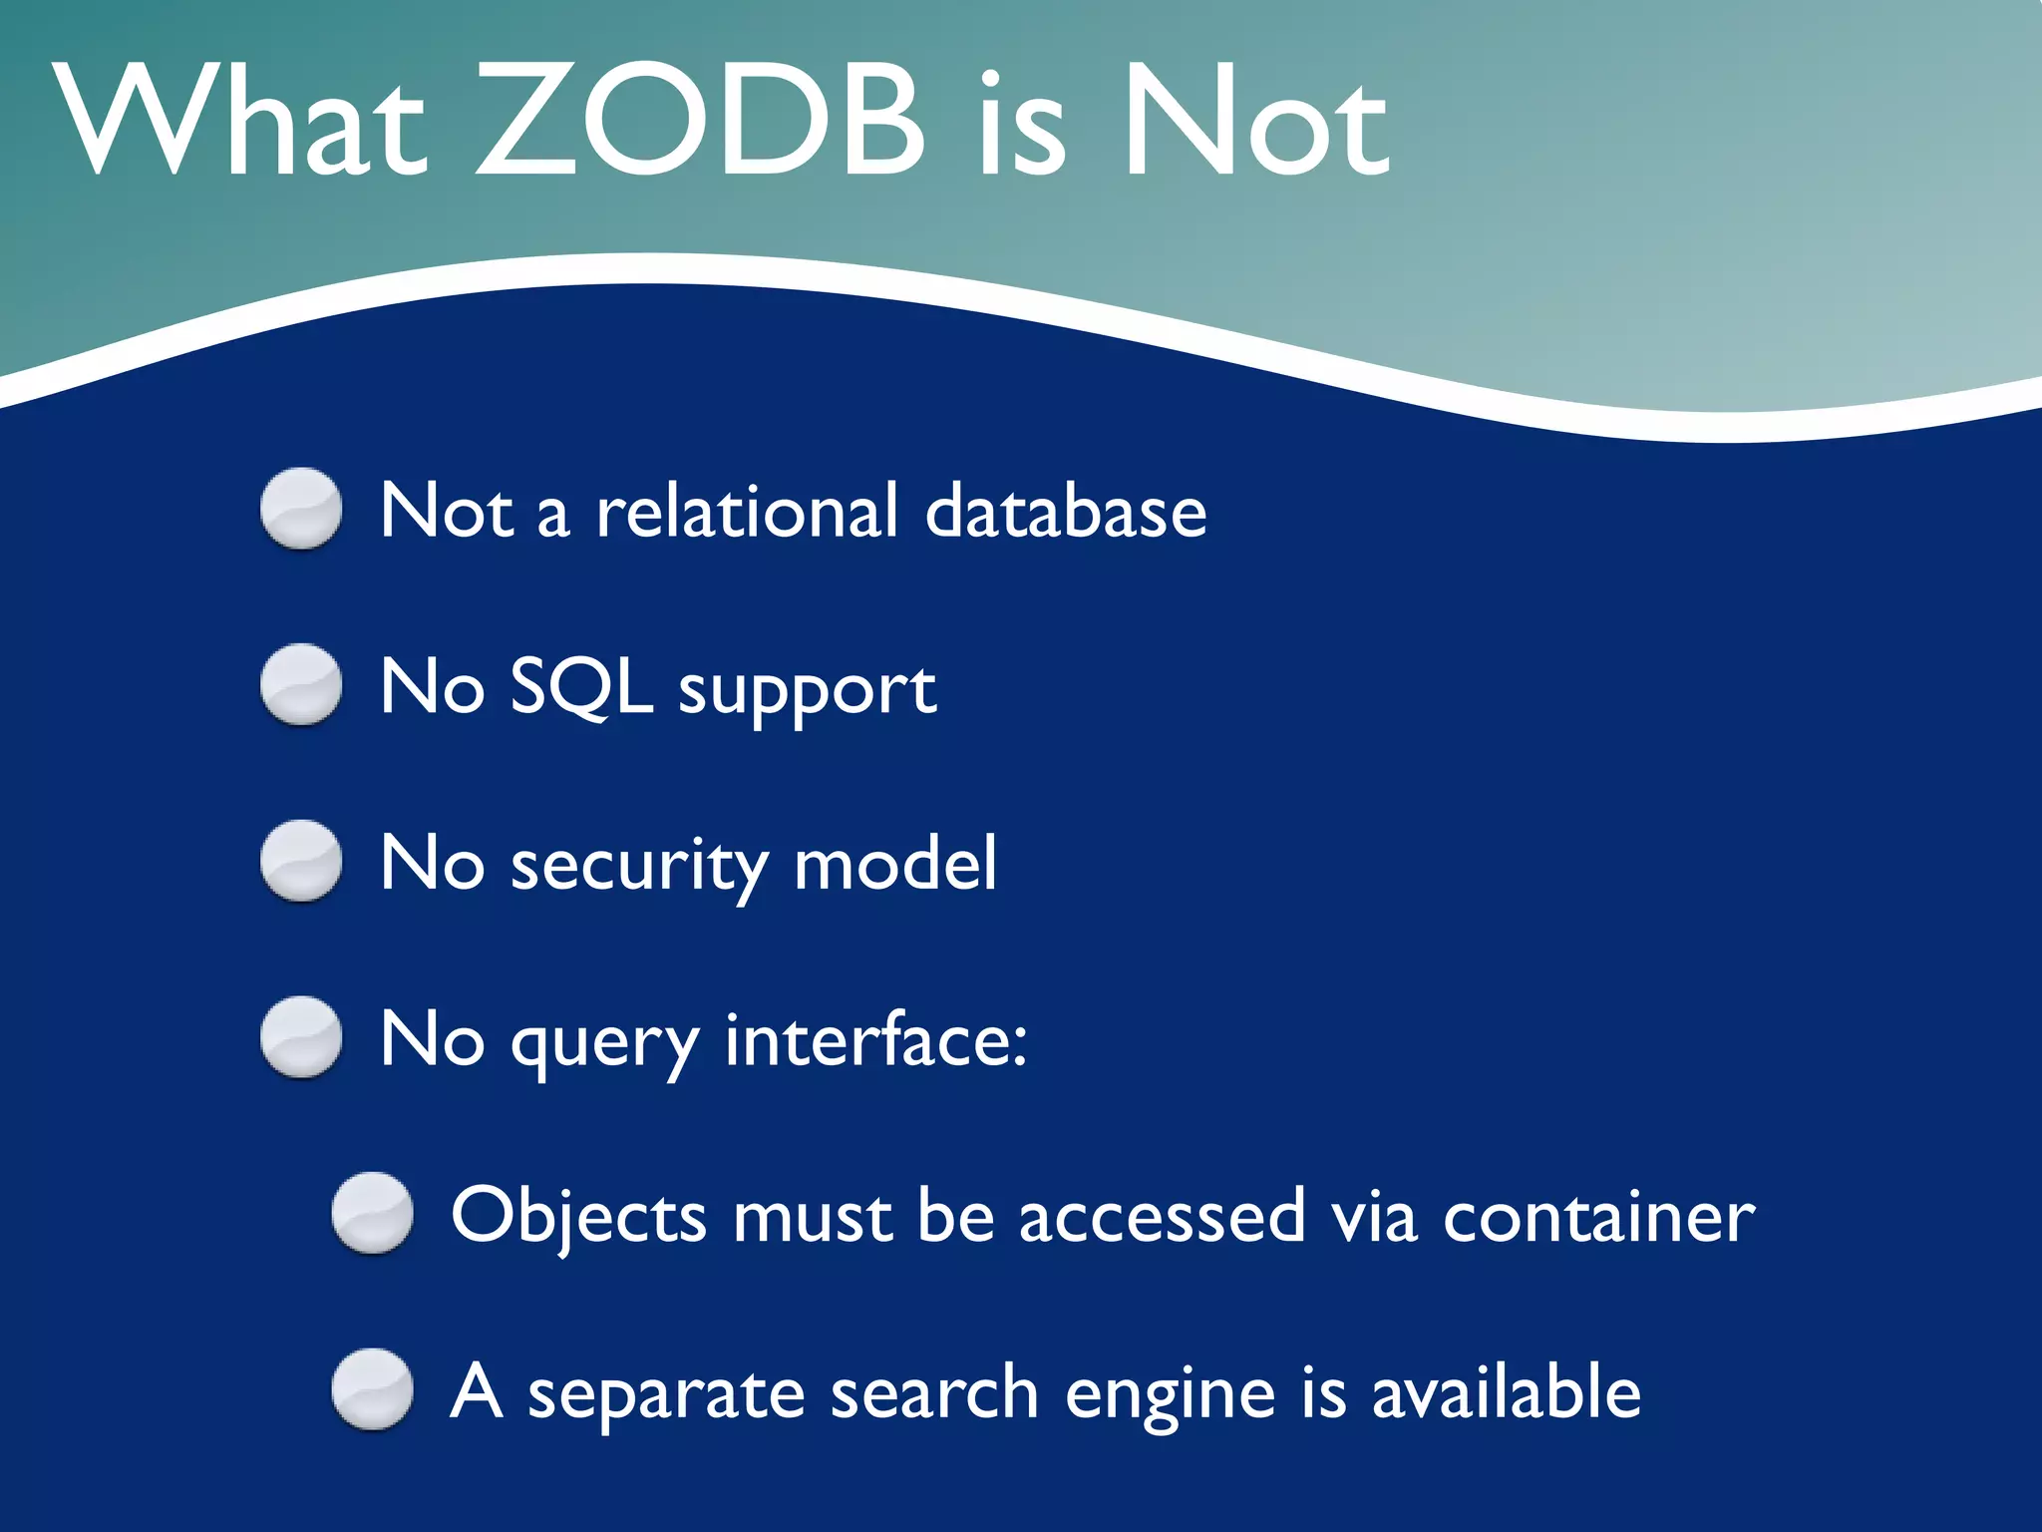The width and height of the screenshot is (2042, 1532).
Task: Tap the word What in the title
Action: coord(239,122)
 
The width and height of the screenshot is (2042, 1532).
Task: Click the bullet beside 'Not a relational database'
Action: coord(301,509)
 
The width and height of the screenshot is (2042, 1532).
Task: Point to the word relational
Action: coord(748,511)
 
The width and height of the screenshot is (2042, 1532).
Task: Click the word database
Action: coord(1066,511)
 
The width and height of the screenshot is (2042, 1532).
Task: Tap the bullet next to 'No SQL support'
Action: coord(301,684)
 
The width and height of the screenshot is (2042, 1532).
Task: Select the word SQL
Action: coord(581,688)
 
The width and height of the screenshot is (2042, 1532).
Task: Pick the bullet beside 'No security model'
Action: coord(301,861)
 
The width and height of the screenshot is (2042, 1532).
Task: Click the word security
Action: coord(639,866)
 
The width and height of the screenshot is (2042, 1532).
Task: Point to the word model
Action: coord(895,864)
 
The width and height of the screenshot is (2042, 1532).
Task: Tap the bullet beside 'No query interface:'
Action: coord(301,1037)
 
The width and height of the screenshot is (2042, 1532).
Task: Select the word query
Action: coord(605,1043)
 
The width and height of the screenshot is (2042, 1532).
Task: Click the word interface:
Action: coord(875,1039)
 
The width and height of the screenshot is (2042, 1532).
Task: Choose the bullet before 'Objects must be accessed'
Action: coord(372,1213)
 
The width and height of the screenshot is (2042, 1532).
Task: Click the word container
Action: coord(1598,1217)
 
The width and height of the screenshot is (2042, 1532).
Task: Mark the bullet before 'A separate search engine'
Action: coord(372,1389)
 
